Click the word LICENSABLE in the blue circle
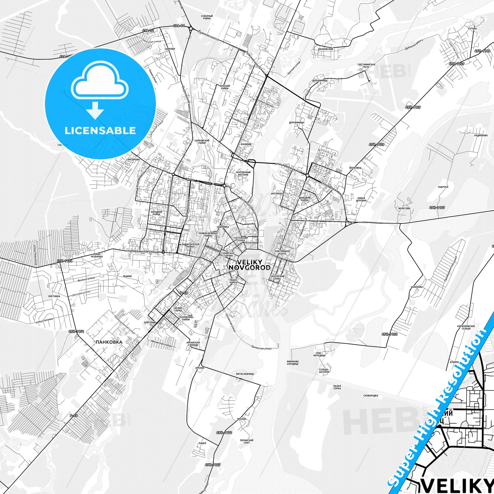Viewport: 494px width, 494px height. pyautogui.click(x=100, y=130)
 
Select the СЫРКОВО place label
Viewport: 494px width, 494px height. pyautogui.click(x=170, y=48)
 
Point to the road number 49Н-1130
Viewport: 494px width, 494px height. pyautogui.click(x=390, y=334)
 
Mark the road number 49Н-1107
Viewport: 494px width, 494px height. pyautogui.click(x=437, y=208)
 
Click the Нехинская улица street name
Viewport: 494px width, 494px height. pyautogui.click(x=145, y=252)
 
